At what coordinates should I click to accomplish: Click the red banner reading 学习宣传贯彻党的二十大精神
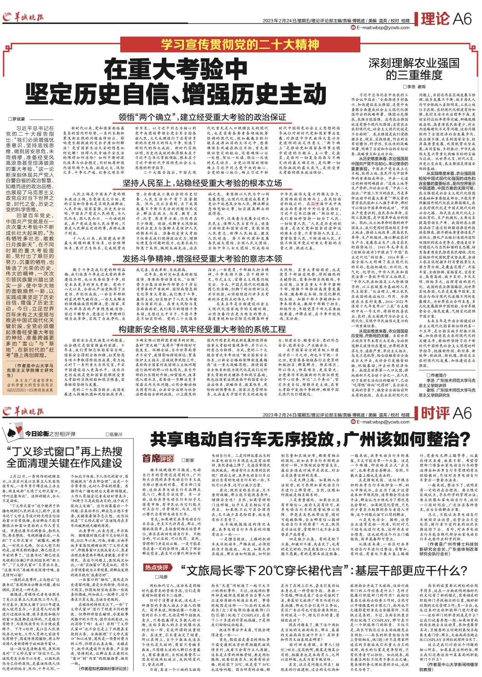click(x=240, y=45)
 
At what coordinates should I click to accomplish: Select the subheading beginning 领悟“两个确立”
click(x=202, y=117)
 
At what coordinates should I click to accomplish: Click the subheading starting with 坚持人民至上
click(x=202, y=183)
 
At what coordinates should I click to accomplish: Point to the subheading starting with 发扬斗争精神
click(x=202, y=259)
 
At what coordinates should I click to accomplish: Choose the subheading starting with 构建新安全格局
click(x=202, y=329)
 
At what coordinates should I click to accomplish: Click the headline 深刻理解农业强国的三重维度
click(x=414, y=69)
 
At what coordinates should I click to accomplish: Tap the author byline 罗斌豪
click(x=18, y=119)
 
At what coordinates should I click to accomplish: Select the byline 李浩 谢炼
click(x=414, y=87)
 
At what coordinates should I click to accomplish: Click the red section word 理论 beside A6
click(x=435, y=19)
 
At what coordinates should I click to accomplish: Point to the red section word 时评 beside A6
click(x=435, y=413)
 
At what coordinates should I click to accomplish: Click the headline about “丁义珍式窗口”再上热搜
click(x=65, y=457)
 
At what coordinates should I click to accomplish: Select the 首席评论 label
click(x=157, y=459)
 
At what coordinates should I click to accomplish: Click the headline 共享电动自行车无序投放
click(x=304, y=439)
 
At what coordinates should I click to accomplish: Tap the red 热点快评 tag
click(x=157, y=567)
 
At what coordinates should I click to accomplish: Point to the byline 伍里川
click(x=114, y=434)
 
